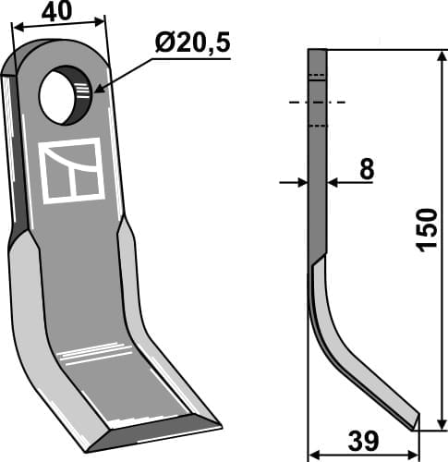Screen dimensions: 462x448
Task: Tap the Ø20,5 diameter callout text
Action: pos(191,43)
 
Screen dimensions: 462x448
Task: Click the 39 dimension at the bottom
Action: pos(364,438)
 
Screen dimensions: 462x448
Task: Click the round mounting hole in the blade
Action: pos(63,95)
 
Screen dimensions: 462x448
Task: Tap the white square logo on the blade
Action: pos(71,171)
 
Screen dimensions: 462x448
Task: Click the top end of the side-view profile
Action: pos(316,52)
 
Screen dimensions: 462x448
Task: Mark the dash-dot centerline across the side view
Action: pos(317,102)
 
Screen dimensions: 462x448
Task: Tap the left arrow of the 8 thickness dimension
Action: pos(301,183)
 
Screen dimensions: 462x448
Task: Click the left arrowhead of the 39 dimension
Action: pos(312,454)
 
